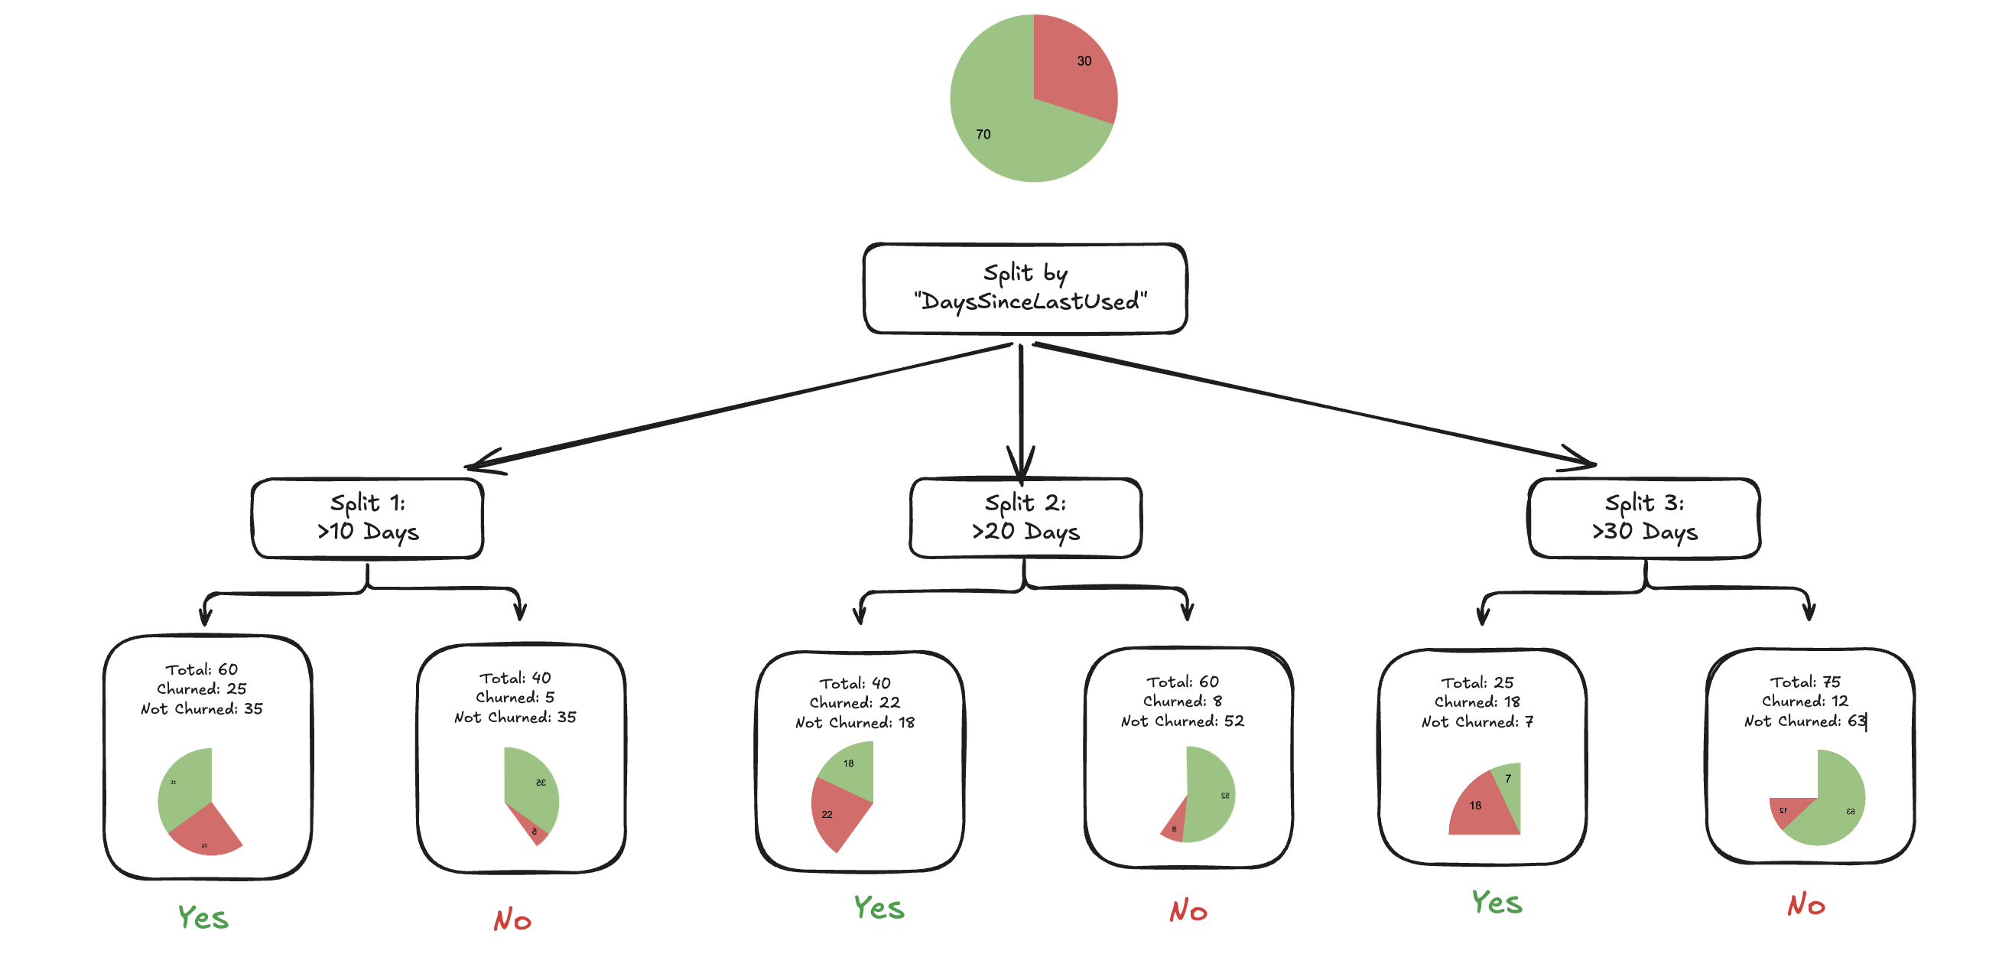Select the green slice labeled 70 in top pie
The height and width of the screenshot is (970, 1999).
(1001, 124)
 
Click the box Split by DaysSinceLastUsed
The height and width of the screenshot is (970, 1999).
(1025, 288)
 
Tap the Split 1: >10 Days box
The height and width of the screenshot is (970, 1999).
(367, 518)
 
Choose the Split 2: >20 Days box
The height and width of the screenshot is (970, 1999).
(1025, 518)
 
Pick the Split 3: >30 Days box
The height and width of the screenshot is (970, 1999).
(1643, 518)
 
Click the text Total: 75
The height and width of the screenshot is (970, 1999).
(1804, 682)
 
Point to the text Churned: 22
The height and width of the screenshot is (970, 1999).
(854, 702)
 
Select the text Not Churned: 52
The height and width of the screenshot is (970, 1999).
(1182, 721)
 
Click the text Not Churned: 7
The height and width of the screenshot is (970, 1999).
(1477, 721)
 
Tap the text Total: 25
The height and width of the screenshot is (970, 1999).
(1477, 683)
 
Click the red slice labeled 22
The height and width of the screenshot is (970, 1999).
(834, 815)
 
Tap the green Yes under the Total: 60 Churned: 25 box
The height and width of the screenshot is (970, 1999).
(203, 917)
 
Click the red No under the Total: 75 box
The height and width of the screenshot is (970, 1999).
(1806, 905)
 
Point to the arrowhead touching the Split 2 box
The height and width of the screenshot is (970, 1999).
(1020, 466)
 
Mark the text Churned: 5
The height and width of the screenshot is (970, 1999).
(515, 698)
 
